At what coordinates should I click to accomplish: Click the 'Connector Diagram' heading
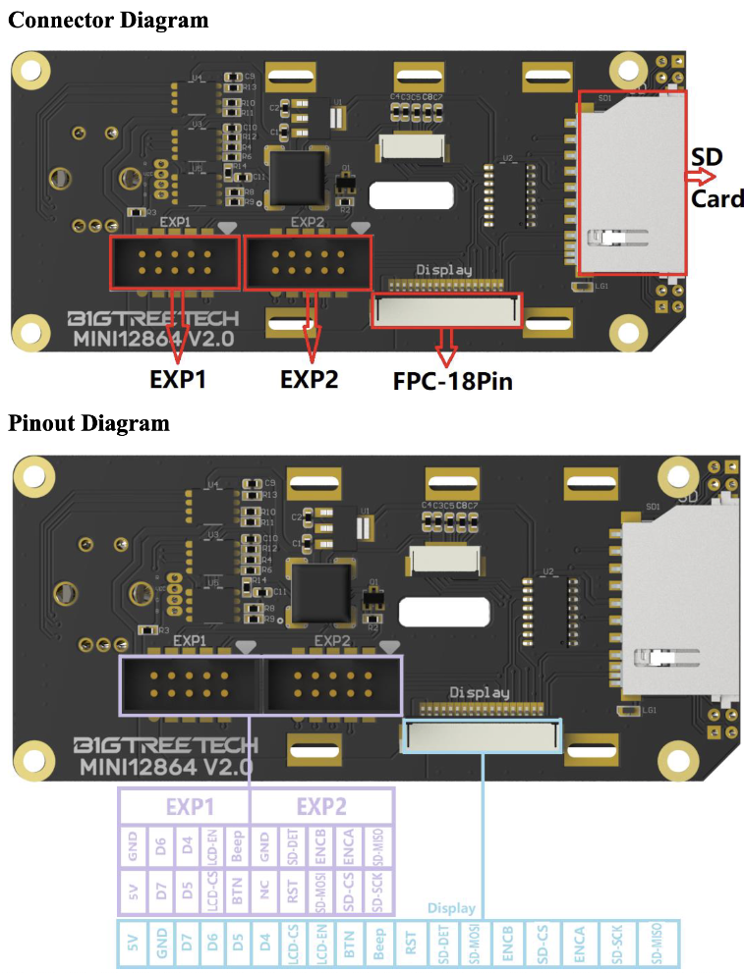click(108, 20)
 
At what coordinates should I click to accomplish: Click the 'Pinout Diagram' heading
click(88, 423)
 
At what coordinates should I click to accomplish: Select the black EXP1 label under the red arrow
click(178, 379)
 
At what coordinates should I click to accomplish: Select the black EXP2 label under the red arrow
click(310, 379)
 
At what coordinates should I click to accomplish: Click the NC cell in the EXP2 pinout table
click(265, 891)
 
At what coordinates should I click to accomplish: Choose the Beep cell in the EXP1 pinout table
click(236, 846)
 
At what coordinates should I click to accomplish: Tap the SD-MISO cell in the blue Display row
click(654, 944)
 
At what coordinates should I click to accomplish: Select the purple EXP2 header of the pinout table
click(321, 807)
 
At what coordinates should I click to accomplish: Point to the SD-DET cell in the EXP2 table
click(292, 846)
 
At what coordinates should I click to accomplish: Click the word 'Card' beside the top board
click(716, 199)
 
